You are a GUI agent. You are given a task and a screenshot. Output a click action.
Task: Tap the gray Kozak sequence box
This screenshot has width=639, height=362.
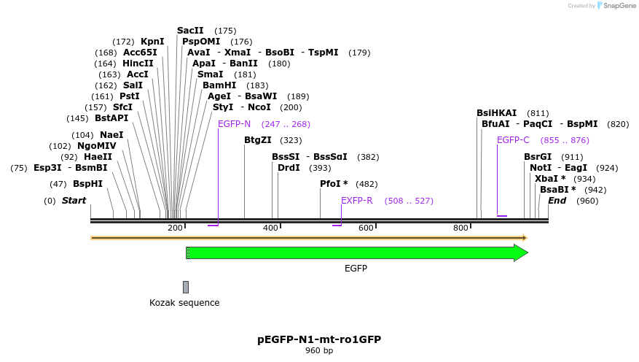point(186,287)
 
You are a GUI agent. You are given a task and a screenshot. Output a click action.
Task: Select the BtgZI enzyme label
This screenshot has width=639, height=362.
point(257,140)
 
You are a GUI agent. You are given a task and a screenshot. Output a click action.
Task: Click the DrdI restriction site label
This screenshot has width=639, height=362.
point(289,168)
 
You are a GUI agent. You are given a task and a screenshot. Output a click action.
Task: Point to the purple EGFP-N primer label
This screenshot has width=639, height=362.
point(234,123)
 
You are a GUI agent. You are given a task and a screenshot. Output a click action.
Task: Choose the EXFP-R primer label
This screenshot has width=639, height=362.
point(357,201)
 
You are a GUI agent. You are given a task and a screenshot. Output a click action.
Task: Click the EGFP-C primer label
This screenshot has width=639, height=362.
point(513,140)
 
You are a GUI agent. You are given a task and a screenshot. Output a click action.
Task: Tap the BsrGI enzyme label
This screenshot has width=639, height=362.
point(538,157)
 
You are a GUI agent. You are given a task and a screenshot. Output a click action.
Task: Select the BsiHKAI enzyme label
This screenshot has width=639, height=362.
point(496,113)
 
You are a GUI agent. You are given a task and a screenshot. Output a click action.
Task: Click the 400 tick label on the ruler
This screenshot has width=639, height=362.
point(270,228)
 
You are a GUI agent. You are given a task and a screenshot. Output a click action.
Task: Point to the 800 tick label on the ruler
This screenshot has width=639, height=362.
point(460,228)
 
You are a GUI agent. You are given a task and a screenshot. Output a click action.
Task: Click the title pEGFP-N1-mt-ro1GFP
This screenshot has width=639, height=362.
point(319,339)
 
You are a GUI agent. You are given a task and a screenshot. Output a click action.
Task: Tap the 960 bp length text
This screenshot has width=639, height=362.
point(319,351)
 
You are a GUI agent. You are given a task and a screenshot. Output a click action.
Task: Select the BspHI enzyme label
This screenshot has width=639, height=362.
point(87,184)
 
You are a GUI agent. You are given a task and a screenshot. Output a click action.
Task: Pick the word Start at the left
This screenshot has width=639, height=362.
point(74,201)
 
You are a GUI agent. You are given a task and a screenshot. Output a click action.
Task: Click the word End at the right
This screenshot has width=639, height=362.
point(557,201)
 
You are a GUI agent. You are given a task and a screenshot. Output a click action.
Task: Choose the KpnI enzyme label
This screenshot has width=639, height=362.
point(152,42)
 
